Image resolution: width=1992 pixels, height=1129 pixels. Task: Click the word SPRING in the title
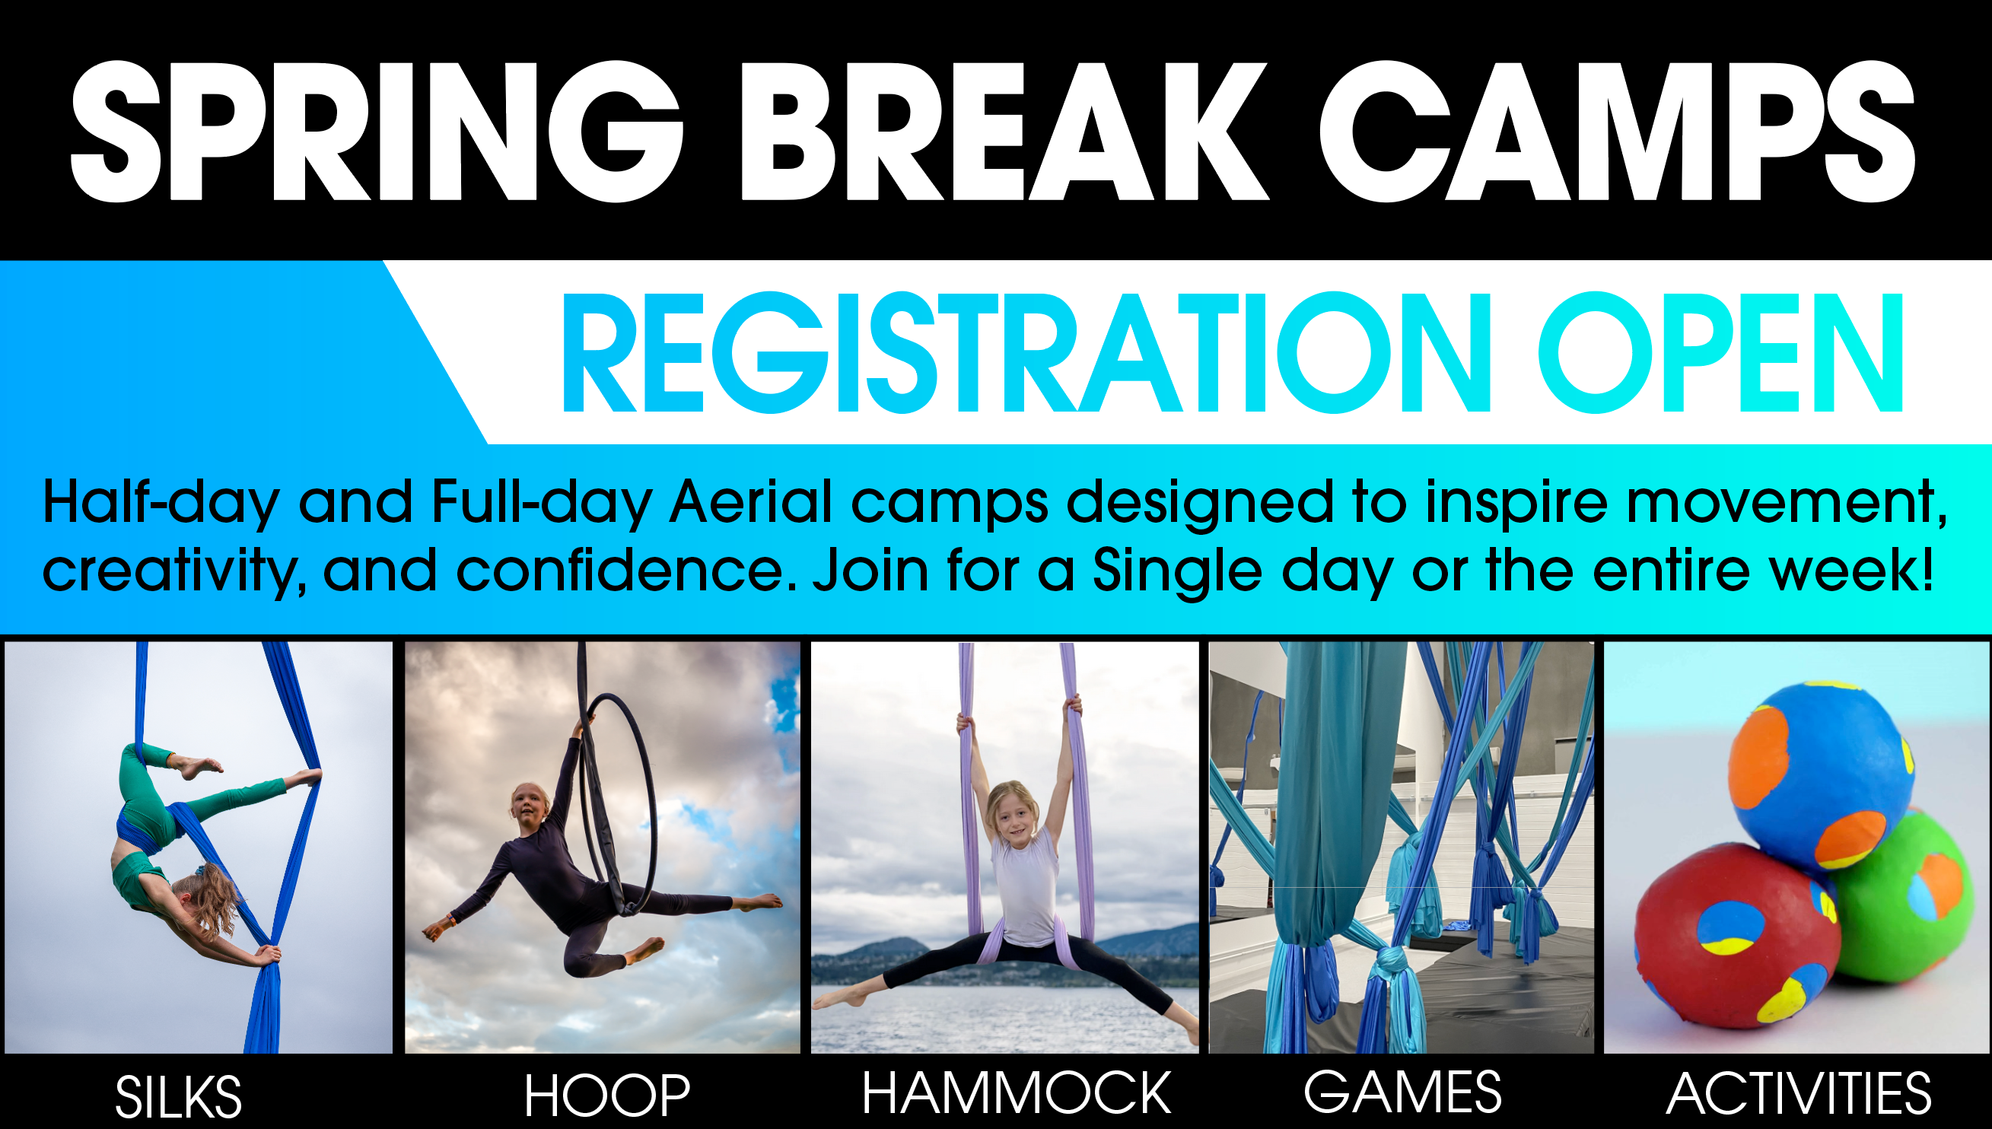pos(377,132)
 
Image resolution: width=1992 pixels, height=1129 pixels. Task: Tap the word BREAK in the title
pos(1005,132)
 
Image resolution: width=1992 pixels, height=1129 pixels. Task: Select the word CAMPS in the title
pos(1618,132)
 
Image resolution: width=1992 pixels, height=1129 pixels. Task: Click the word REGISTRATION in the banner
pos(1026,353)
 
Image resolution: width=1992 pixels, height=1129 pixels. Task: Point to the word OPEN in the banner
pos(1720,353)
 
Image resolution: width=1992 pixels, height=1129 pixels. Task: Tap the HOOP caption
pos(606,1095)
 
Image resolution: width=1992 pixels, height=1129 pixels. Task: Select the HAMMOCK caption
pos(1016,1092)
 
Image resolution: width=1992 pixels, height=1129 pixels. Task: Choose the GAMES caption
pos(1402,1091)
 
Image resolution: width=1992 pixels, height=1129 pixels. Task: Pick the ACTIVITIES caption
pos(1798,1094)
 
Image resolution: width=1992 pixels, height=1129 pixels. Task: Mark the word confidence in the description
pos(625,570)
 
